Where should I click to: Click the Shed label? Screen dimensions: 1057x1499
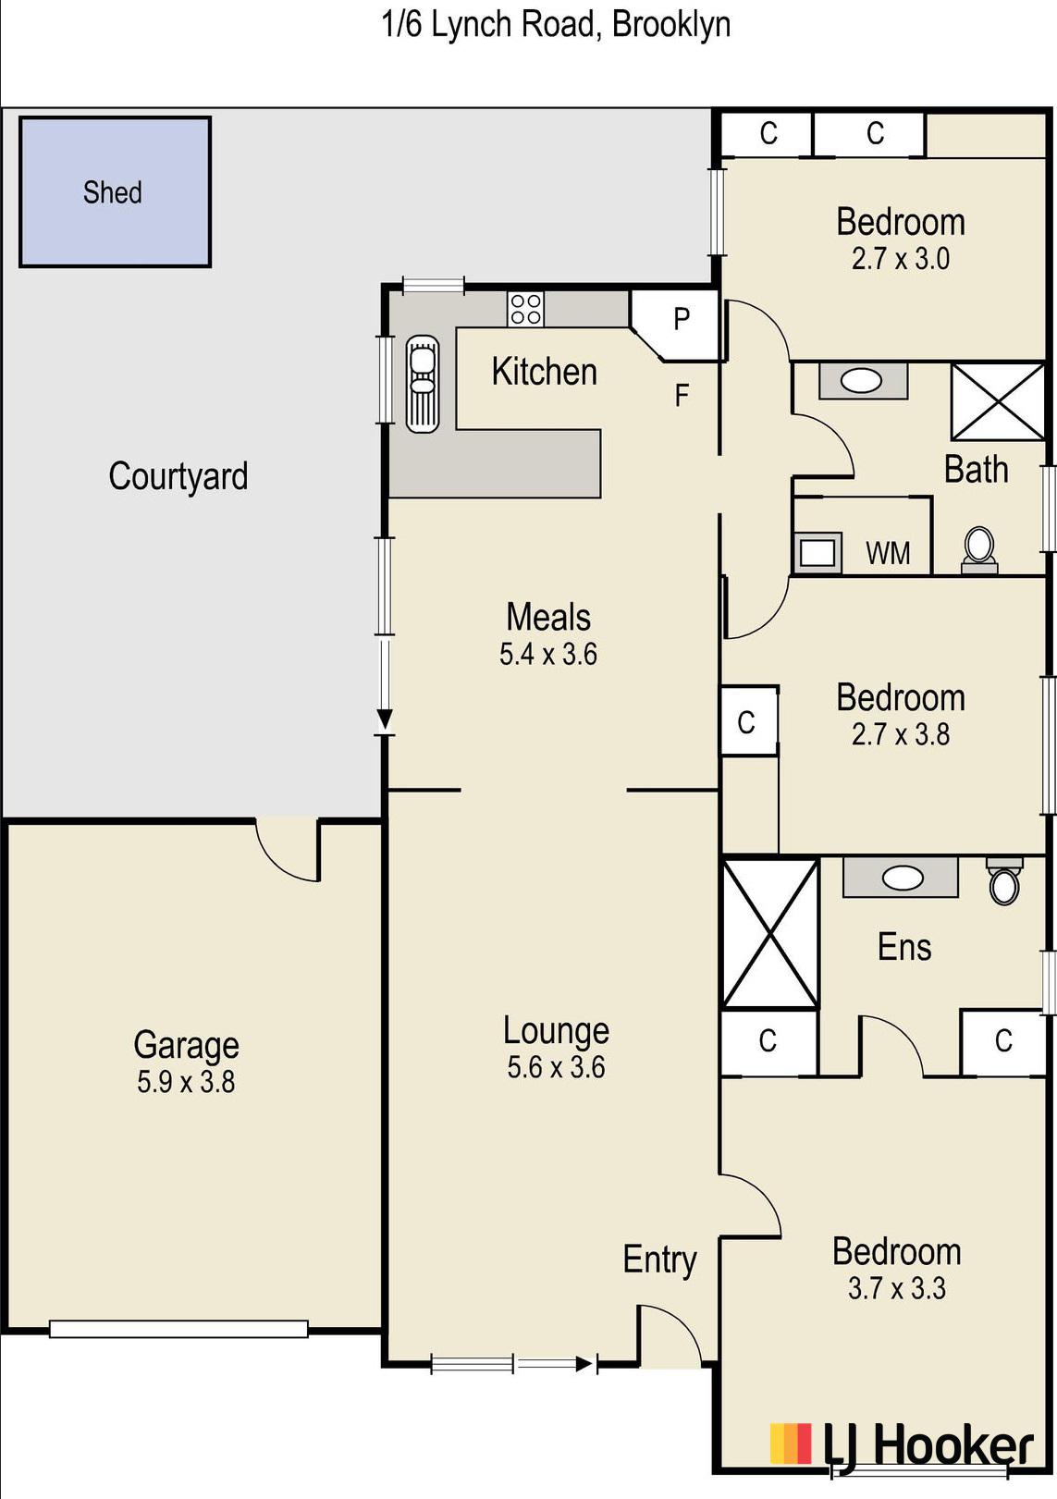(x=113, y=192)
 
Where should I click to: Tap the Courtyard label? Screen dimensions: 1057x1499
(x=178, y=476)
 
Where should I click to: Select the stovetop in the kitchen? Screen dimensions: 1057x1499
(x=525, y=309)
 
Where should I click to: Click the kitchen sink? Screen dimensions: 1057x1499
(x=423, y=384)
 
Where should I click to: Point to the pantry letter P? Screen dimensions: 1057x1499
(x=682, y=319)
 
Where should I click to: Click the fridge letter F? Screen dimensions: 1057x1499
(x=682, y=396)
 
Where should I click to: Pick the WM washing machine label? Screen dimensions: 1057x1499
(x=888, y=553)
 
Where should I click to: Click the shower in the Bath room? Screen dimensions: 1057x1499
(x=998, y=401)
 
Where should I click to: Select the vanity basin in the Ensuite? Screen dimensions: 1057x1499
(x=901, y=878)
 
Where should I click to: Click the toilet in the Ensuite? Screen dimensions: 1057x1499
(x=1004, y=882)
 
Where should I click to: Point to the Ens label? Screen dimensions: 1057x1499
(x=903, y=948)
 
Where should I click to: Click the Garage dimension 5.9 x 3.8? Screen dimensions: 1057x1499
(x=186, y=1082)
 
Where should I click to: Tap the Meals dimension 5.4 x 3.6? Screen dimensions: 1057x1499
(x=548, y=654)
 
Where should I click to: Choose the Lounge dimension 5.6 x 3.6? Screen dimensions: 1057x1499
(x=557, y=1067)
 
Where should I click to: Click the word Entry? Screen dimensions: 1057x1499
(x=659, y=1260)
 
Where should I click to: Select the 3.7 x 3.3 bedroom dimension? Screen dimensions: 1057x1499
(x=897, y=1288)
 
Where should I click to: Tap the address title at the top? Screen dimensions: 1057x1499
(x=555, y=26)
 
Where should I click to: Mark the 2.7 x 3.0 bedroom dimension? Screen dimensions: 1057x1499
(x=901, y=259)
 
